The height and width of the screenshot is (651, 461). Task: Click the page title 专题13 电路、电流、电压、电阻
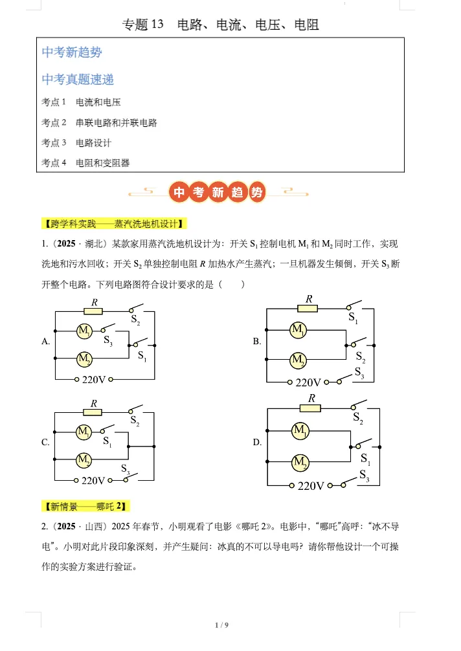[221, 25]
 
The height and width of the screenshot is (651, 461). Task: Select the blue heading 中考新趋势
[72, 52]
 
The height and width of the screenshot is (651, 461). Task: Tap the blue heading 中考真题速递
[78, 80]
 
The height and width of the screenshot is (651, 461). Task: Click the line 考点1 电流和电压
[81, 102]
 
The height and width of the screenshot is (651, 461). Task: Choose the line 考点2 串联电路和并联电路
[99, 122]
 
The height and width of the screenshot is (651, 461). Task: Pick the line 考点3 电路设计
[76, 142]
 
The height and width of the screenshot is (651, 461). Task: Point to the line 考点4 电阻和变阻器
[85, 163]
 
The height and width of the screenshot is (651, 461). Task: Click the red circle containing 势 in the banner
[256, 192]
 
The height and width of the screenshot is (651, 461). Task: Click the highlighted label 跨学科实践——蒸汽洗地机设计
[114, 224]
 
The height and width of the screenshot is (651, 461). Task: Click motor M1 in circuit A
[84, 332]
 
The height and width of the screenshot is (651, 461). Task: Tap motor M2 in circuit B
[298, 359]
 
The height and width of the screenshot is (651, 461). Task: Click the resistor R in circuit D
[311, 408]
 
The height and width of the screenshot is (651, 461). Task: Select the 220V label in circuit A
[93, 379]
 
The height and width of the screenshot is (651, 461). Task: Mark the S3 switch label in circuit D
[364, 476]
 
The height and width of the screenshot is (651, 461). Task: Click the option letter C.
[45, 443]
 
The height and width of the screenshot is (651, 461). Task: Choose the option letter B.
[257, 342]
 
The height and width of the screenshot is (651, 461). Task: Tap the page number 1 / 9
[221, 624]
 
